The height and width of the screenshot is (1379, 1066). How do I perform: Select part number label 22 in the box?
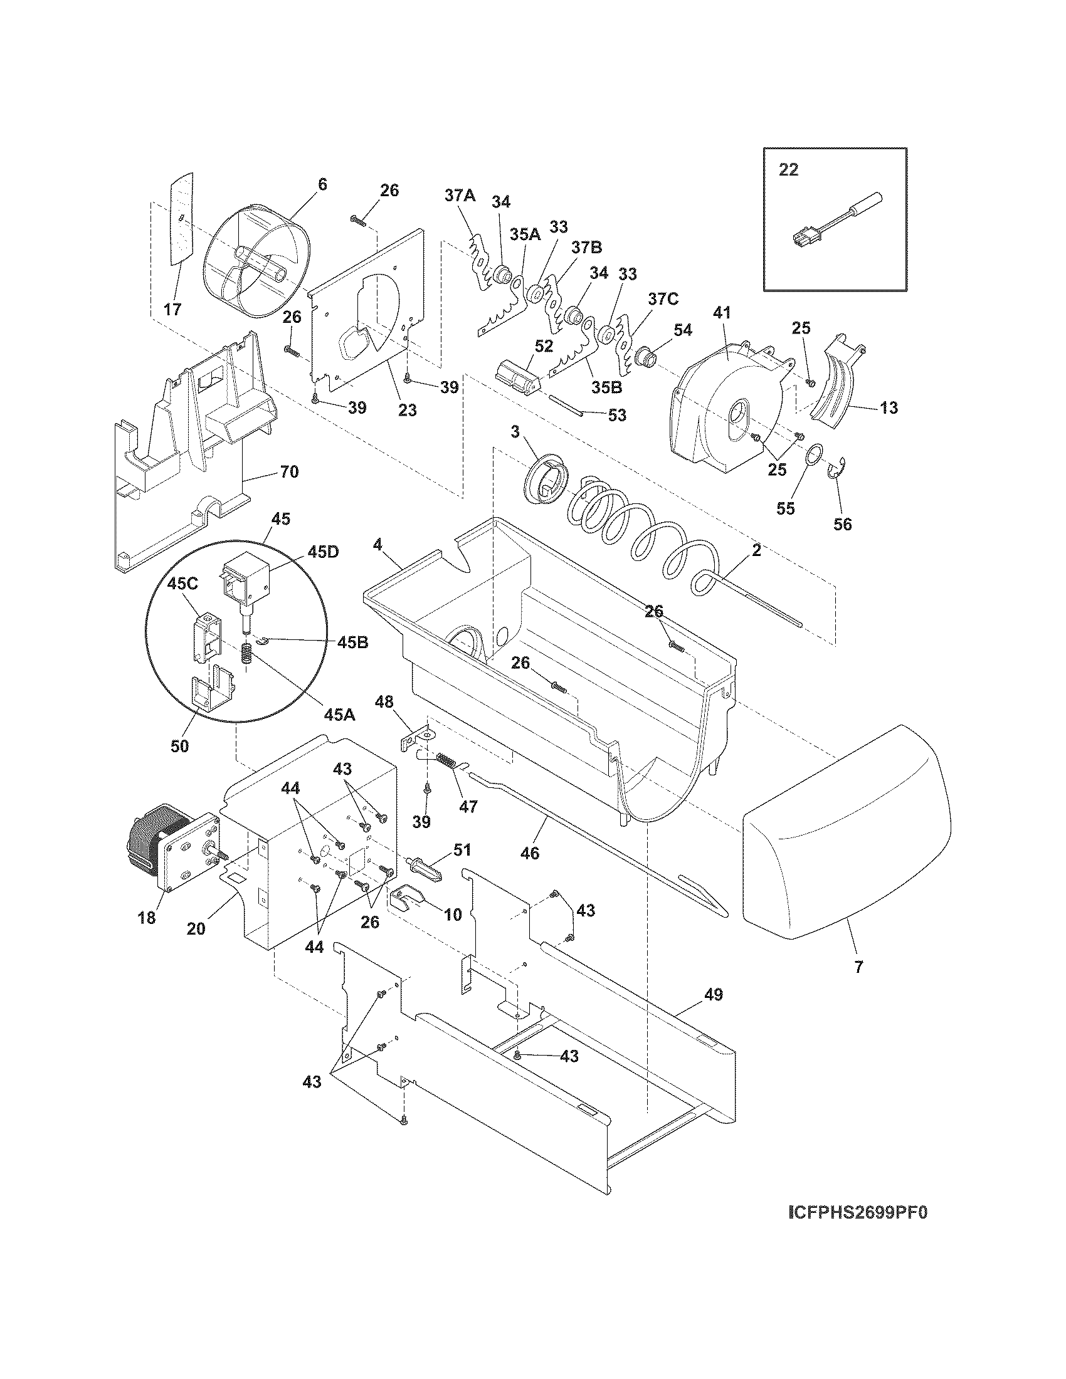click(788, 170)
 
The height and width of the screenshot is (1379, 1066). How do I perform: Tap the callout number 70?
click(288, 471)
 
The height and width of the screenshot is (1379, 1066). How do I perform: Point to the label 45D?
click(323, 551)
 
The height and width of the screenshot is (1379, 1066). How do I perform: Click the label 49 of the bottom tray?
click(712, 995)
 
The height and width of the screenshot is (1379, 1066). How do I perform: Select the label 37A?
click(460, 196)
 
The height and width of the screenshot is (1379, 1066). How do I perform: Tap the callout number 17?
click(172, 310)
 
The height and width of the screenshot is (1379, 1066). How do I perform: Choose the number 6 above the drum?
click(322, 184)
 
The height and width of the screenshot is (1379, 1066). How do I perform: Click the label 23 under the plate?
click(408, 410)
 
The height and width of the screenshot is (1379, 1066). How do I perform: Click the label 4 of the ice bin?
click(377, 544)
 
